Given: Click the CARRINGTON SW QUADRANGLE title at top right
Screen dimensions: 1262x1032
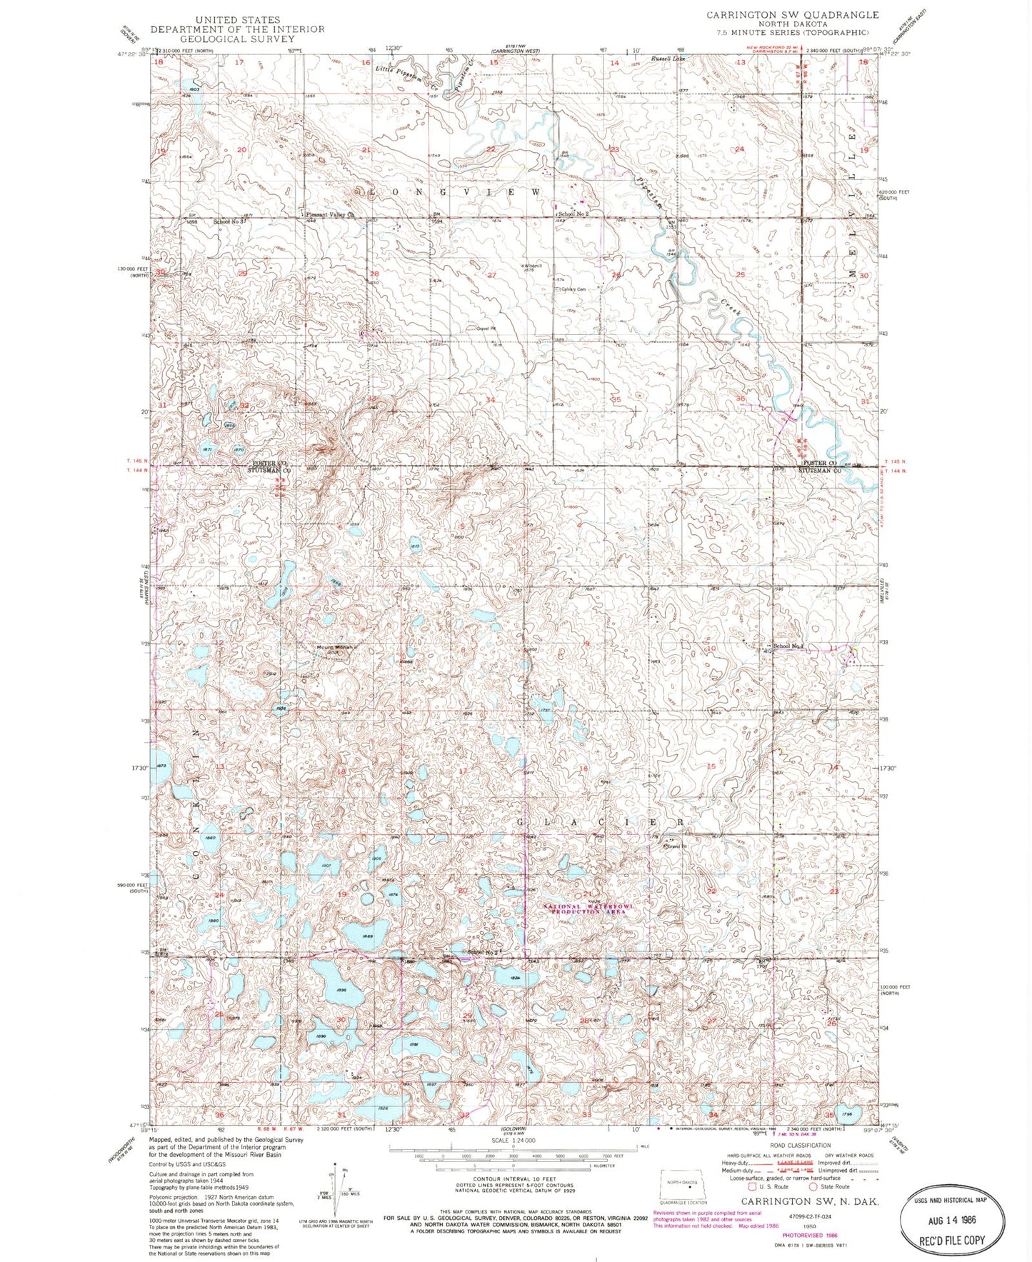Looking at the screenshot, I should coord(793,14).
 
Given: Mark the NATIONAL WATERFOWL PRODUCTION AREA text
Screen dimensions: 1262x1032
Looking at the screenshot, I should coord(588,909).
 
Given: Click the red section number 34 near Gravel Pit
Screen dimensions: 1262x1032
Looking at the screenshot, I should coord(490,400).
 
